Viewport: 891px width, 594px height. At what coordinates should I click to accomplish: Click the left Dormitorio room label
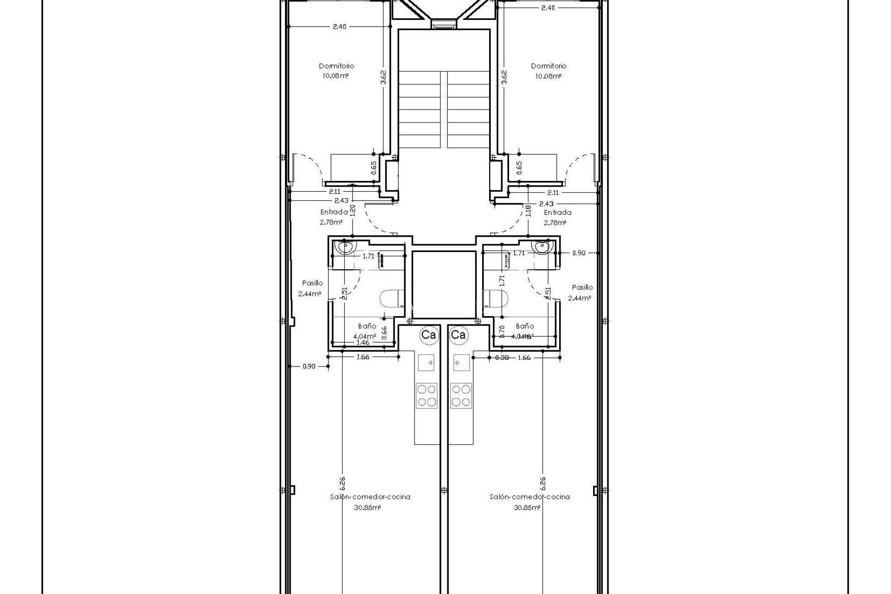pos(336,66)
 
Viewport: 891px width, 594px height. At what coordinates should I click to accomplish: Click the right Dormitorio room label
pos(549,66)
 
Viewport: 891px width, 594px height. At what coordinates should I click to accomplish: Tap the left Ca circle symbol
pos(428,335)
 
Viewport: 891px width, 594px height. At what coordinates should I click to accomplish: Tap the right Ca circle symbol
pos(458,335)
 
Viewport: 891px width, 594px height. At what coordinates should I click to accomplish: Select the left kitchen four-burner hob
pos(426,395)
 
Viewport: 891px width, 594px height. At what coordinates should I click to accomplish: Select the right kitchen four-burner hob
pos(461,395)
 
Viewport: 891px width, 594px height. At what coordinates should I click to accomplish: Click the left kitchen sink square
pos(426,362)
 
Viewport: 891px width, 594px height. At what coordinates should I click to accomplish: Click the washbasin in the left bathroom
pos(346,247)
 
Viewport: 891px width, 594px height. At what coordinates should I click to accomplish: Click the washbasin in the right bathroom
pos(542,247)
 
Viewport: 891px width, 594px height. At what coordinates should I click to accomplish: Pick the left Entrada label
pos(334,212)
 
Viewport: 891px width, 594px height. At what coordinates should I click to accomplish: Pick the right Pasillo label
pos(582,287)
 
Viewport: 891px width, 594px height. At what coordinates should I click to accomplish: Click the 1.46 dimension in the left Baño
pos(362,342)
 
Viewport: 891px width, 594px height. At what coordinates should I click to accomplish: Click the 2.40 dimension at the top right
pos(548,7)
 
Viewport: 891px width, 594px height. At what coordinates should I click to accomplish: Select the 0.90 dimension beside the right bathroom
pos(579,253)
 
